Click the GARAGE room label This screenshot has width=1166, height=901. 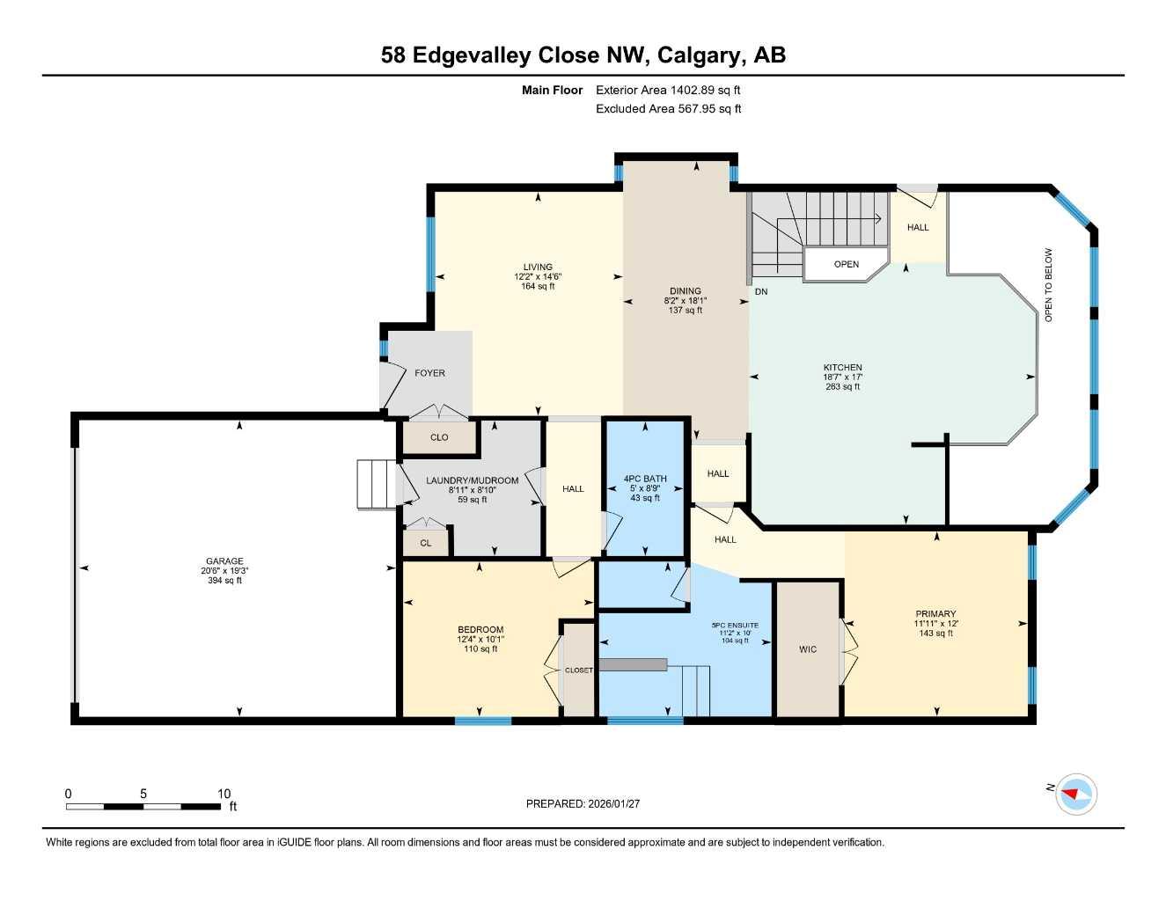224,561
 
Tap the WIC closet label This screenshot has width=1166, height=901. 808,649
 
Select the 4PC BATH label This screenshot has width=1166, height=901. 645,479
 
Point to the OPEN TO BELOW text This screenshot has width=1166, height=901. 1048,284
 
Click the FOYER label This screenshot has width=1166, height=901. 429,373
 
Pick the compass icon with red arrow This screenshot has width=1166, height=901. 1076,794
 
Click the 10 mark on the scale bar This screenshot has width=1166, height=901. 224,794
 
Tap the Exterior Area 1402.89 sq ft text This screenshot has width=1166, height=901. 668,90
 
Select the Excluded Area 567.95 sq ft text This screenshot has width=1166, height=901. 668,109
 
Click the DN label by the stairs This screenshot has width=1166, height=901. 761,291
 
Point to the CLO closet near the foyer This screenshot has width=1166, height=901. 439,437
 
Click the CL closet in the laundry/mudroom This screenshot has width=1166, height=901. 426,543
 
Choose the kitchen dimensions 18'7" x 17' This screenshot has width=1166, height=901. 842,377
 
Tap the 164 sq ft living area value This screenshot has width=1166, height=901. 538,286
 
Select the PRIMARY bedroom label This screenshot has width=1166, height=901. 935,614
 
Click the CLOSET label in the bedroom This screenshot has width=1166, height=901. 578,670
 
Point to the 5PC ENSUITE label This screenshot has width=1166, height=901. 735,626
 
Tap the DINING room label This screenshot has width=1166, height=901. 685,291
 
